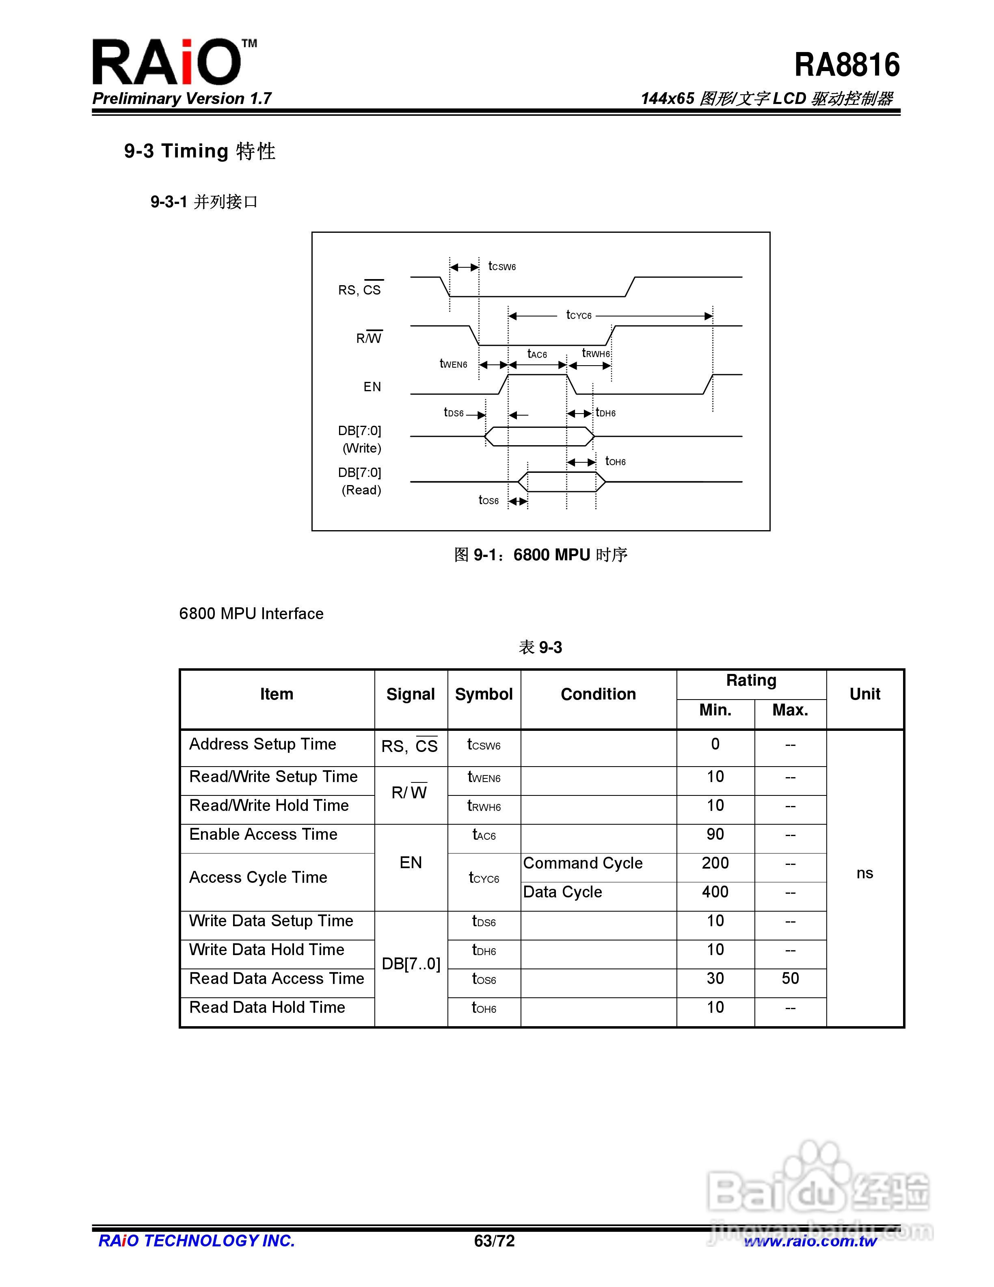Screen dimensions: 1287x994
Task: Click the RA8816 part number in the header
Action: (x=846, y=65)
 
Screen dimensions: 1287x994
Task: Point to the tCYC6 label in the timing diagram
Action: (x=578, y=315)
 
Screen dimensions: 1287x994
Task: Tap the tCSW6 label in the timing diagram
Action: (x=502, y=266)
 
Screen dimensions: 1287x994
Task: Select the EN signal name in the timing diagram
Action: (x=372, y=387)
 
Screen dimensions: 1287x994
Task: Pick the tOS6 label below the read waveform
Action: (x=488, y=500)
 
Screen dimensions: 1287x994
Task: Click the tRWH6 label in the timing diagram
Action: (x=595, y=353)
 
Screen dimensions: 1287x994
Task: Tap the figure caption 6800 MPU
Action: (x=540, y=555)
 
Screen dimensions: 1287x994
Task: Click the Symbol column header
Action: (x=484, y=694)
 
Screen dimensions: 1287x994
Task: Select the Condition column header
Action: (x=598, y=694)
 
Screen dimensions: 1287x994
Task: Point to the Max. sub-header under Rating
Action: (x=790, y=710)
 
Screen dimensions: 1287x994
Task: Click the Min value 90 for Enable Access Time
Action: (x=715, y=834)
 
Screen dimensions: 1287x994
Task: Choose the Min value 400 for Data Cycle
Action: (x=715, y=892)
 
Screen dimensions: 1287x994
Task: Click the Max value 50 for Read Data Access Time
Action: (x=790, y=979)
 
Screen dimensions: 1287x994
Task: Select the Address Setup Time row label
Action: (x=263, y=744)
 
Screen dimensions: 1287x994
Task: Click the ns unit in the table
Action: (x=864, y=873)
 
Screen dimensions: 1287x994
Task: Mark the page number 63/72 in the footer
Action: (x=494, y=1241)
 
